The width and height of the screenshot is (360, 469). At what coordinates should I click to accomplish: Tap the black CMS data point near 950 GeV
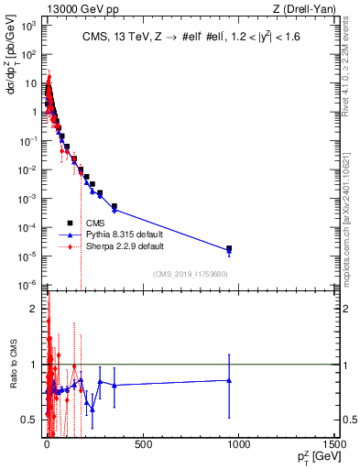pos(229,248)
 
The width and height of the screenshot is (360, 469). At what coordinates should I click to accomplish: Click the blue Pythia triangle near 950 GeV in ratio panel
pos(229,380)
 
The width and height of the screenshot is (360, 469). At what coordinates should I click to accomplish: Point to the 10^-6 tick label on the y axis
pos(28,283)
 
